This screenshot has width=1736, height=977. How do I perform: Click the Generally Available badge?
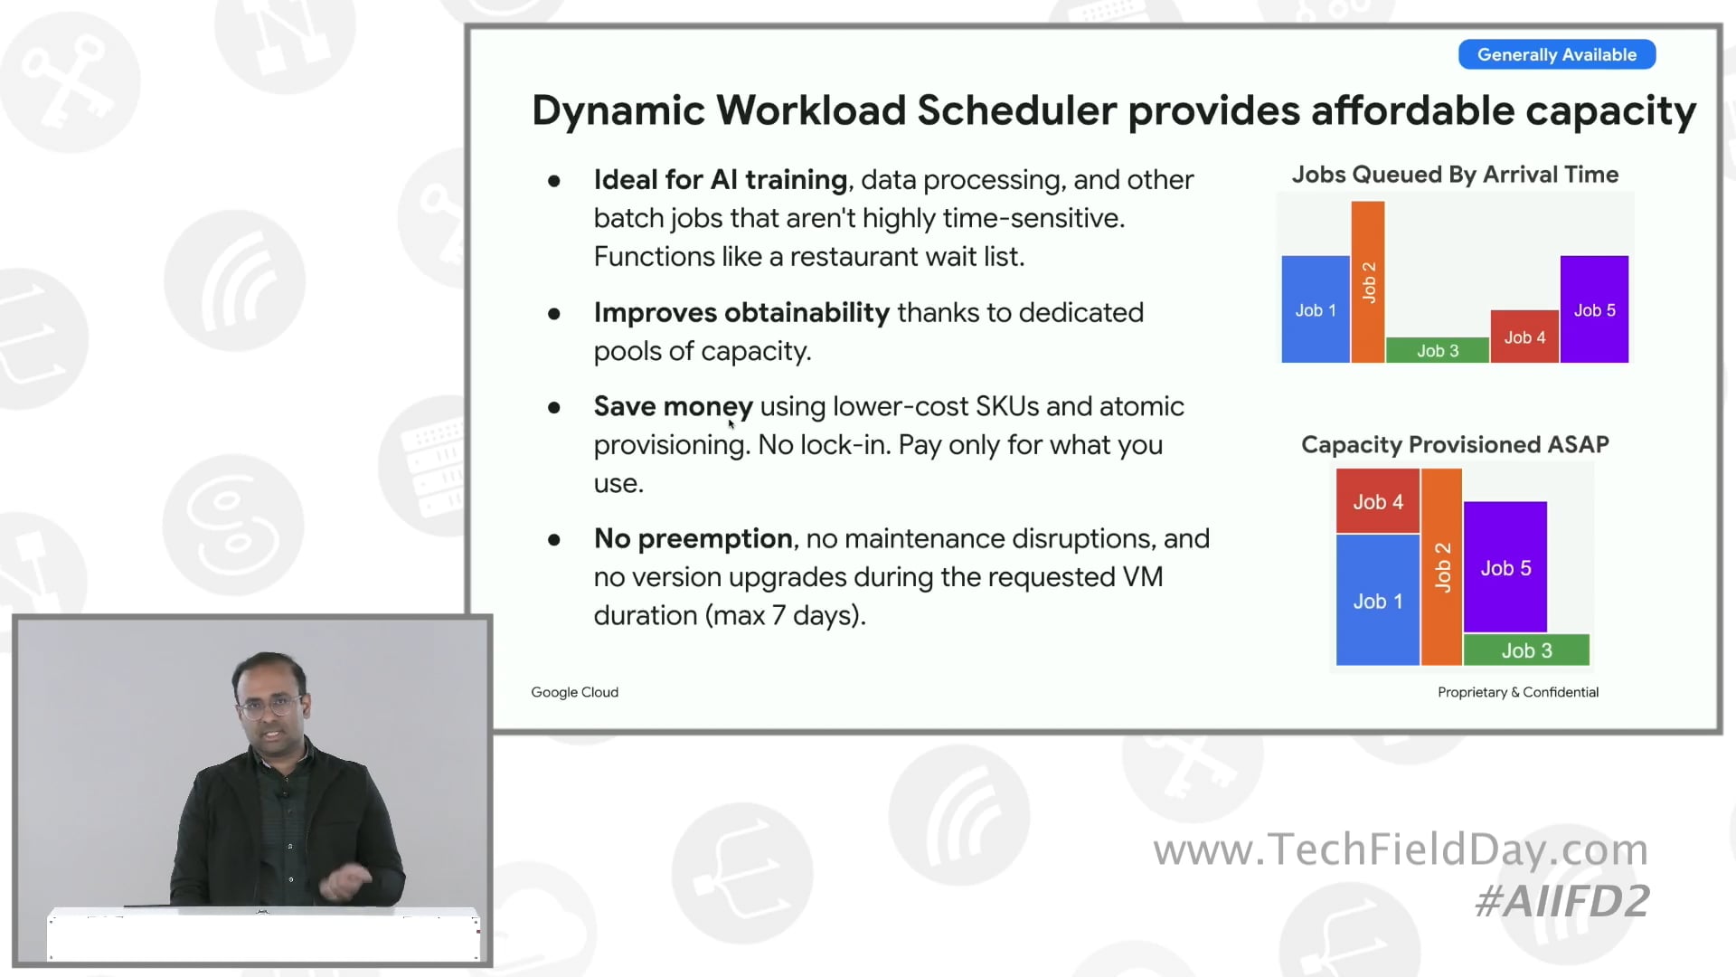point(1556,54)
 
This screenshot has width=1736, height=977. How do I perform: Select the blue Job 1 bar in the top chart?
point(1315,309)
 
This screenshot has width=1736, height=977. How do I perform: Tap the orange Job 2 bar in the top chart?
point(1367,281)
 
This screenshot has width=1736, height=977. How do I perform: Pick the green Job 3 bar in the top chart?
point(1437,350)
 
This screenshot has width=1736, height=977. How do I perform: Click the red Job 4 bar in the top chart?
point(1524,337)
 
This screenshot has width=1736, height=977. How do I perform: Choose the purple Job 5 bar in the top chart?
point(1593,309)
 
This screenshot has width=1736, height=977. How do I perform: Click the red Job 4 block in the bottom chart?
point(1377,501)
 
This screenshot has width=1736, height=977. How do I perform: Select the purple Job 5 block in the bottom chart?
point(1505,567)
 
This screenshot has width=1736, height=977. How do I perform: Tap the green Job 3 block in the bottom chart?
point(1525,650)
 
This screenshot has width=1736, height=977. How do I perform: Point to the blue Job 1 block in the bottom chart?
point(1377,601)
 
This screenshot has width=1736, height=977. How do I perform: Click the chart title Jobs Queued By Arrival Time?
point(1454,174)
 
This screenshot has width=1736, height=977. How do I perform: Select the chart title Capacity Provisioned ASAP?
point(1454,444)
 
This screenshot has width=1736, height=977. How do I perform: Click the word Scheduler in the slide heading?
point(1017,110)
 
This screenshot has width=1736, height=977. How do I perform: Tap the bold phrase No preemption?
point(693,538)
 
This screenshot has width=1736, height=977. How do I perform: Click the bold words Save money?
point(673,406)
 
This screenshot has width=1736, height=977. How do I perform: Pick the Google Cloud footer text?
point(574,692)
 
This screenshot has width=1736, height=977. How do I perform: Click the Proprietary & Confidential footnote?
point(1517,692)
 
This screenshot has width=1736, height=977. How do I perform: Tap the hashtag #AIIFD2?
point(1561,901)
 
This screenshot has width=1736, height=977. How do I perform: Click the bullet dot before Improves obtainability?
point(553,314)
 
